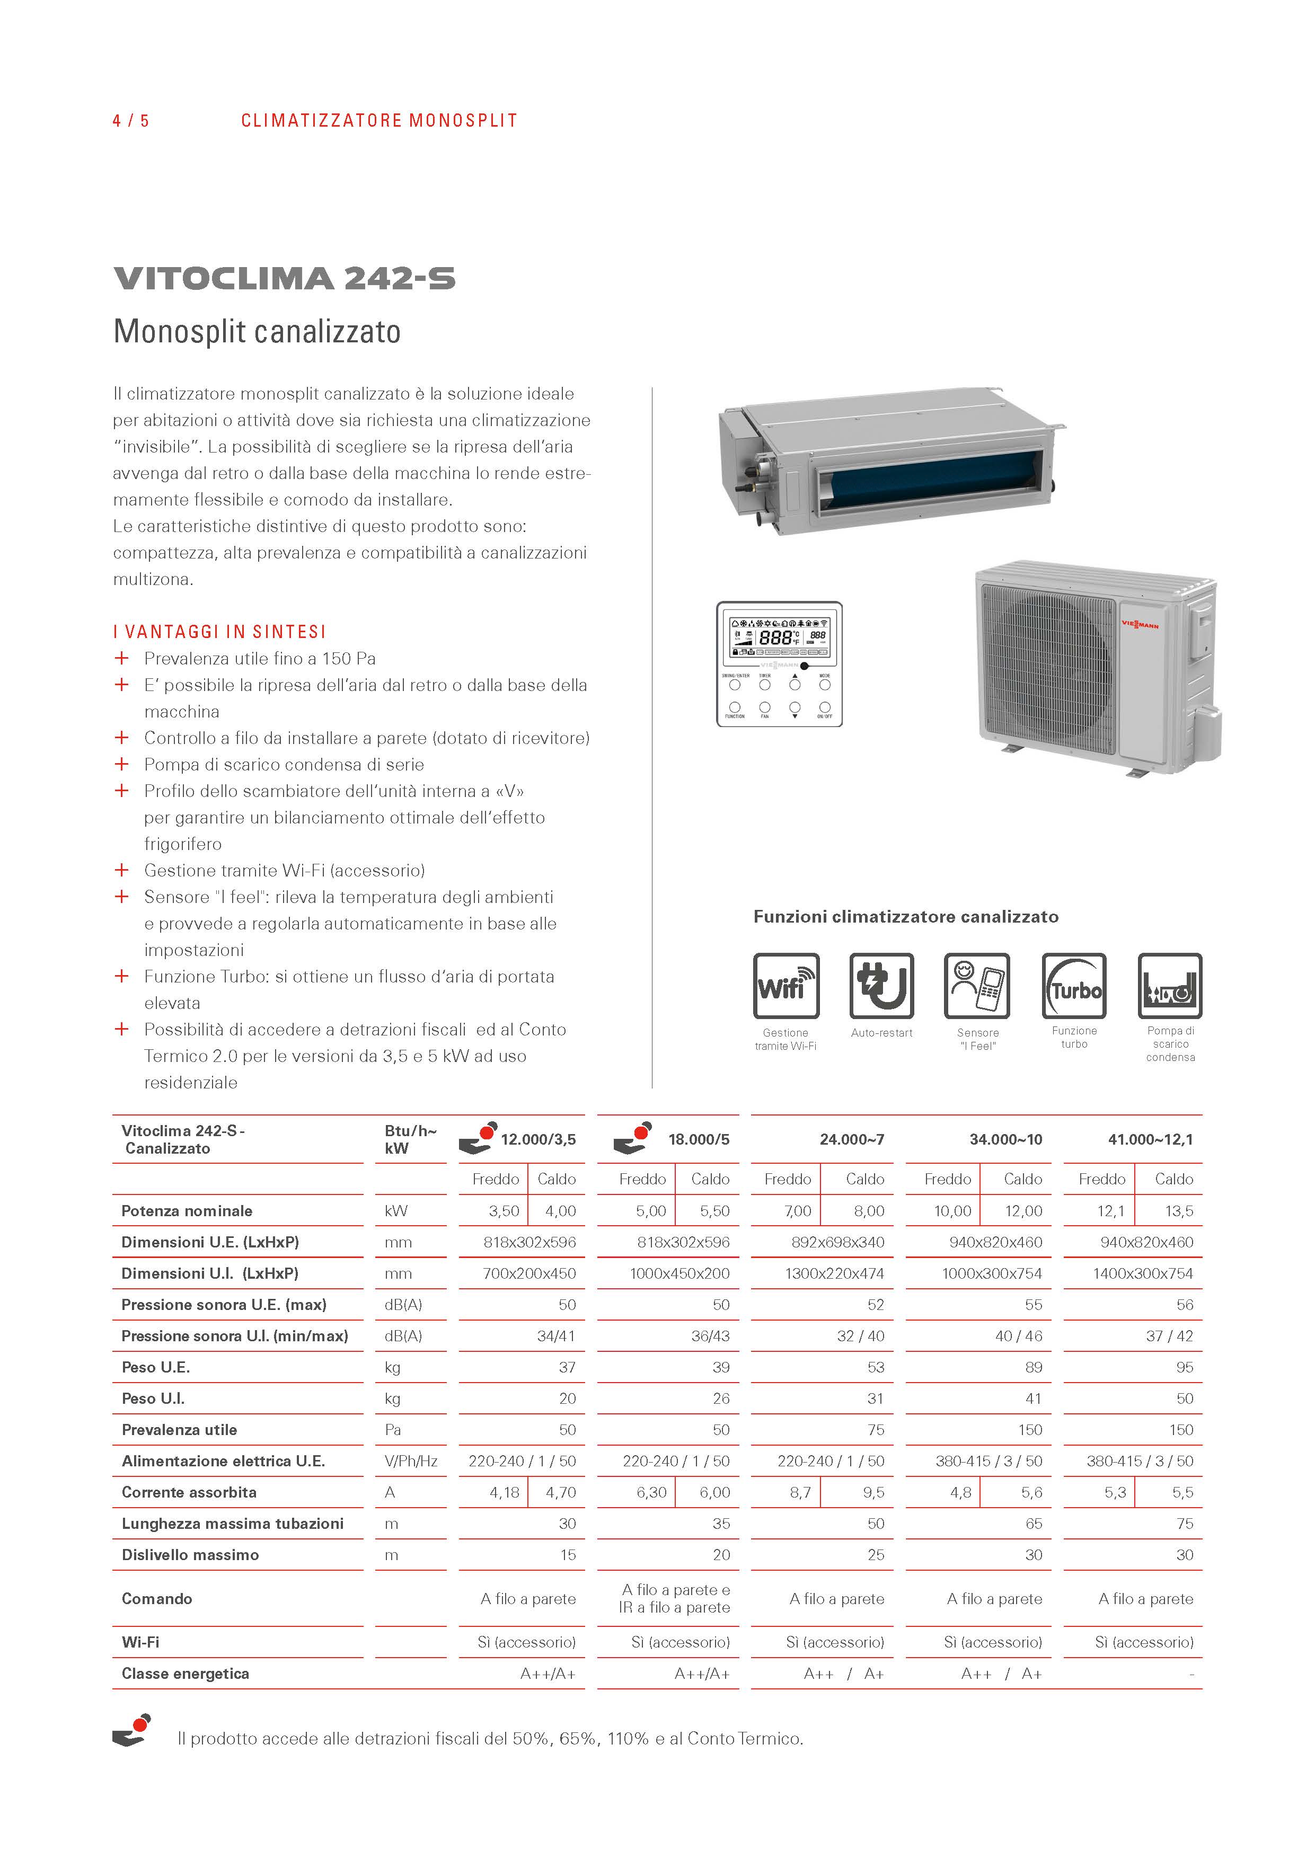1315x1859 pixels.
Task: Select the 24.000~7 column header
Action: pyautogui.click(x=851, y=1139)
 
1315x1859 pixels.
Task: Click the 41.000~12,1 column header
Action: pyautogui.click(x=1150, y=1139)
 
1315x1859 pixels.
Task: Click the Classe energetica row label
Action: pyautogui.click(x=186, y=1673)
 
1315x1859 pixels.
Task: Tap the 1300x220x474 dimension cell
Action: pyautogui.click(x=834, y=1273)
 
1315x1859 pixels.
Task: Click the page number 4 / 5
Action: pyautogui.click(x=130, y=121)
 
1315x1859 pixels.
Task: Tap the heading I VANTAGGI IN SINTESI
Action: pyautogui.click(x=219, y=632)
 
